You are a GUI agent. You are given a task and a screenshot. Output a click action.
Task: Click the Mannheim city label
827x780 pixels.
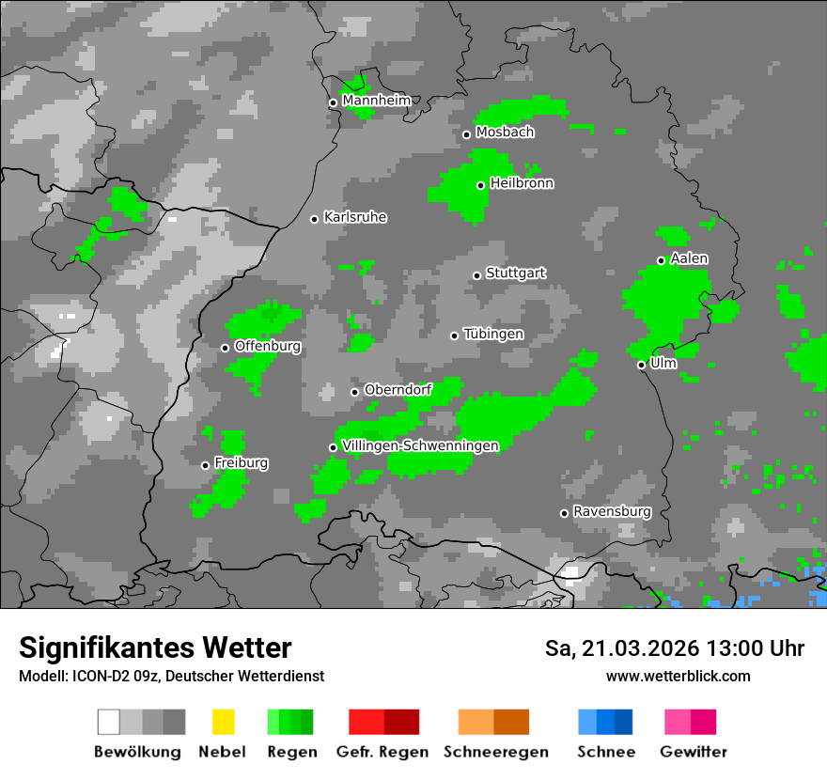[x=376, y=101]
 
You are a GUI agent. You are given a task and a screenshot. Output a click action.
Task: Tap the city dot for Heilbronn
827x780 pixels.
[x=480, y=185]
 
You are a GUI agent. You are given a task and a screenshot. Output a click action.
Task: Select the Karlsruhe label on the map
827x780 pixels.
[x=355, y=217]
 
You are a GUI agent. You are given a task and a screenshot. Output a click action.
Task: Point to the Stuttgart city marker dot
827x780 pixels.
[x=476, y=275]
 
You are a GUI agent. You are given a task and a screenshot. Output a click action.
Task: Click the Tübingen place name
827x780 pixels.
[x=493, y=335]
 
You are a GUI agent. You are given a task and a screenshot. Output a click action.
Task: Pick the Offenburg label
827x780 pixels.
[x=267, y=346]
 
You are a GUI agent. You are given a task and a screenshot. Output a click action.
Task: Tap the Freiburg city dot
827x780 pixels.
[x=205, y=465]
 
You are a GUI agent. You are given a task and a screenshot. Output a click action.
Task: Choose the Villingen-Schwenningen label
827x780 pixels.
[x=420, y=445]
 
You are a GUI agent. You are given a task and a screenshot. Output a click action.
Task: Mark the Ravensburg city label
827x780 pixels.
[x=612, y=511]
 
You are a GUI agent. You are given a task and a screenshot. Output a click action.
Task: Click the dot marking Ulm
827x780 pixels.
[x=641, y=365]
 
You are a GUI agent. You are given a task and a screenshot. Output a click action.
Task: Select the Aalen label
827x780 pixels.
[x=689, y=258]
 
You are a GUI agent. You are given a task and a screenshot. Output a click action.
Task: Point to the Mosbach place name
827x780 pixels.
[x=505, y=133]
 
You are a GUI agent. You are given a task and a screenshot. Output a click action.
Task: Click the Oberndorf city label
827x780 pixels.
[x=398, y=390]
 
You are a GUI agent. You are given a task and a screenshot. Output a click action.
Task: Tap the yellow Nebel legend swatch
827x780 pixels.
[x=223, y=722]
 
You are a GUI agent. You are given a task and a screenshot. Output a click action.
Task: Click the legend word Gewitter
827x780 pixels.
[x=694, y=752]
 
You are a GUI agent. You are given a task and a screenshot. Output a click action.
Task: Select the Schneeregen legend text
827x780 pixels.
[x=495, y=752]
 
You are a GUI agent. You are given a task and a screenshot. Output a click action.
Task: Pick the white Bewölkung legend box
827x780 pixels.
[x=109, y=722]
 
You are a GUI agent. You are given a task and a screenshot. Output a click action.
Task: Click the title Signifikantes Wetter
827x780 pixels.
[x=155, y=647]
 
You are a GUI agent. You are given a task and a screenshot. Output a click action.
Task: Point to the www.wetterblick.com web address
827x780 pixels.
[x=678, y=676]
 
